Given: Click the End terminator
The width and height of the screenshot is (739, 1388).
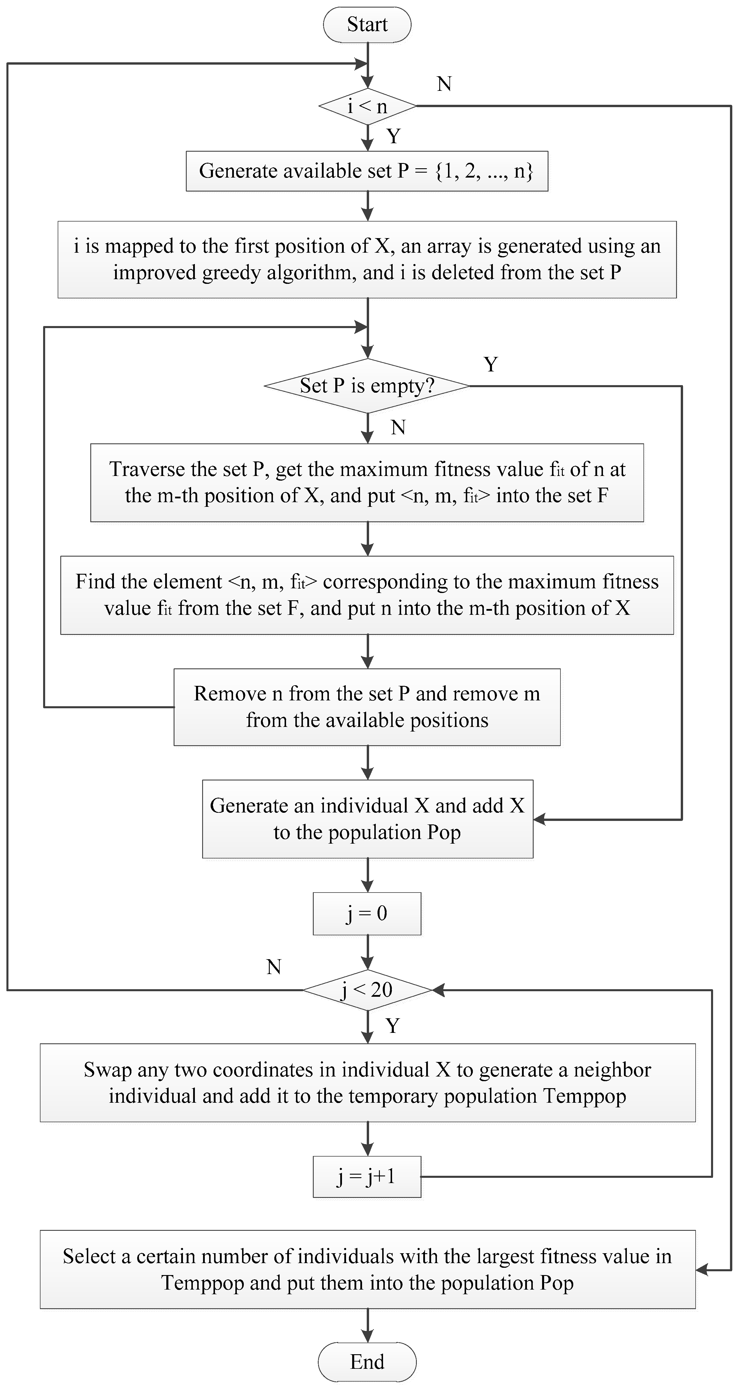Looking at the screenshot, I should pos(367,1362).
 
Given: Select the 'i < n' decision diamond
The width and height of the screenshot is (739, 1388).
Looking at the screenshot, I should pos(367,106).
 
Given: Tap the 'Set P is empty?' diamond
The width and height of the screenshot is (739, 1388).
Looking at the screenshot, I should pos(367,386).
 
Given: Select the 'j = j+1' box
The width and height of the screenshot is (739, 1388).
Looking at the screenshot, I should pos(367,1176).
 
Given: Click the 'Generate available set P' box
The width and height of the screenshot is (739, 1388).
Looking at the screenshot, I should pos(367,171).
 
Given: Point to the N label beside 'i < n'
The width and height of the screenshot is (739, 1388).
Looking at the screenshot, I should pos(444,84).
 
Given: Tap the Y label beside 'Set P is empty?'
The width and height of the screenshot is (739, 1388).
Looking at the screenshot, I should pos(491,365).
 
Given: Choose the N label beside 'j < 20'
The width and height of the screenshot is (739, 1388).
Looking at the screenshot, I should pos(274,967).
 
